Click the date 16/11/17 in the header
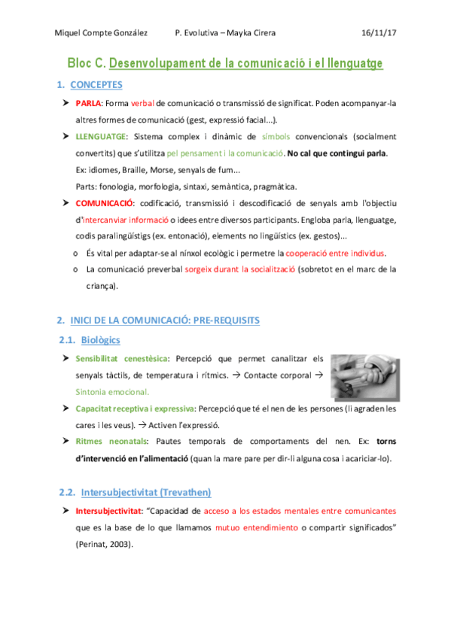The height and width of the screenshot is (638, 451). [x=378, y=33]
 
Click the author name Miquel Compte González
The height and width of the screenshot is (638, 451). [x=102, y=33]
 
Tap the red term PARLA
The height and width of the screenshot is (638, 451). [x=89, y=104]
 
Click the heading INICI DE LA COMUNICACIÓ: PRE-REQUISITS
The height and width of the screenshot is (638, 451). [x=164, y=321]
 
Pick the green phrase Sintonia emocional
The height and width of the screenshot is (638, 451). [x=113, y=391]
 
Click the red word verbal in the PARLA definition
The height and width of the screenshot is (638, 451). [x=143, y=104]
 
